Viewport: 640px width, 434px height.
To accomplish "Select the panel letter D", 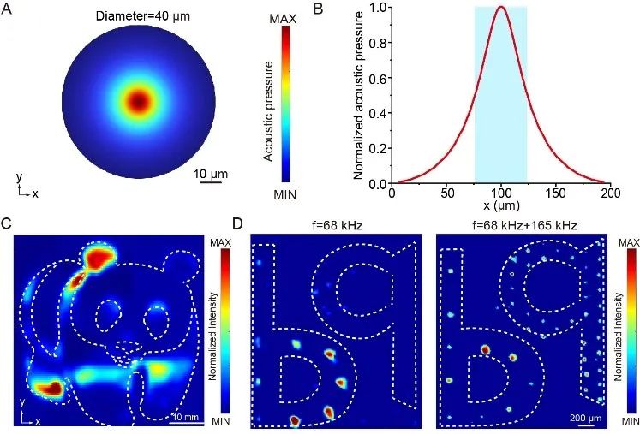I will (239, 225).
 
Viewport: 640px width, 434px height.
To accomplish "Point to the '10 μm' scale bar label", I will (206, 175).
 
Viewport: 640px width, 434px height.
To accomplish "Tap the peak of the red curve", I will (501, 8).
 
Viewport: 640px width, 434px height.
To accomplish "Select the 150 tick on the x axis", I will (556, 194).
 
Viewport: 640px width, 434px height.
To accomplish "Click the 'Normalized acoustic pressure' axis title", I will (362, 94).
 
